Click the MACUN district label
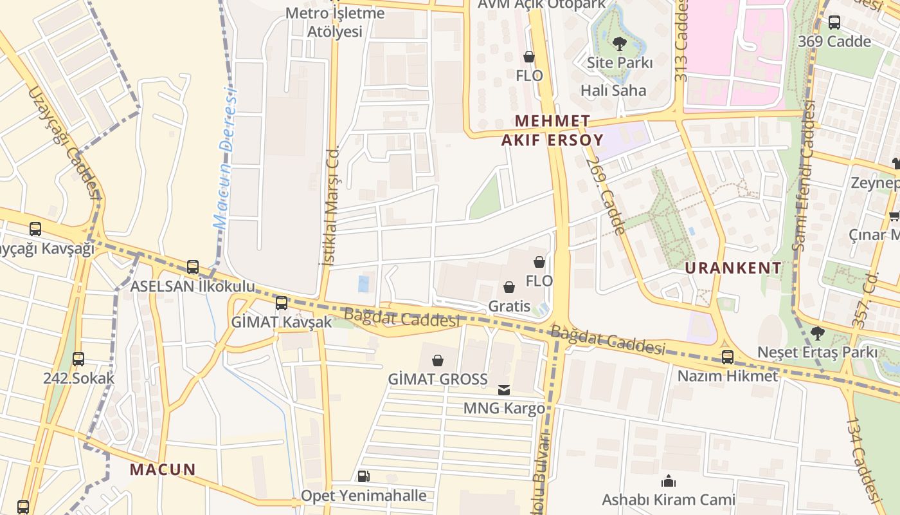click(x=163, y=469)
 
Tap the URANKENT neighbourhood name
click(x=733, y=268)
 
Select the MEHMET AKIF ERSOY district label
click(x=553, y=131)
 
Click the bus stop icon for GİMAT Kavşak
click(x=282, y=303)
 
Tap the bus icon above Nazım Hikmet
click(x=727, y=357)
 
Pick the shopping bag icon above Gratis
click(x=509, y=287)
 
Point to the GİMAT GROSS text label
click(x=438, y=379)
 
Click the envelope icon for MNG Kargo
click(x=504, y=389)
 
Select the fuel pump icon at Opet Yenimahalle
click(x=364, y=476)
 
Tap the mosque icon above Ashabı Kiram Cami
click(x=669, y=481)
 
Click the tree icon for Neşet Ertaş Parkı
click(x=817, y=333)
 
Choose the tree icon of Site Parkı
click(x=620, y=44)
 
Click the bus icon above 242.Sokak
click(x=78, y=359)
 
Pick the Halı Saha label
click(x=613, y=90)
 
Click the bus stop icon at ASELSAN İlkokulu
click(x=193, y=267)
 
